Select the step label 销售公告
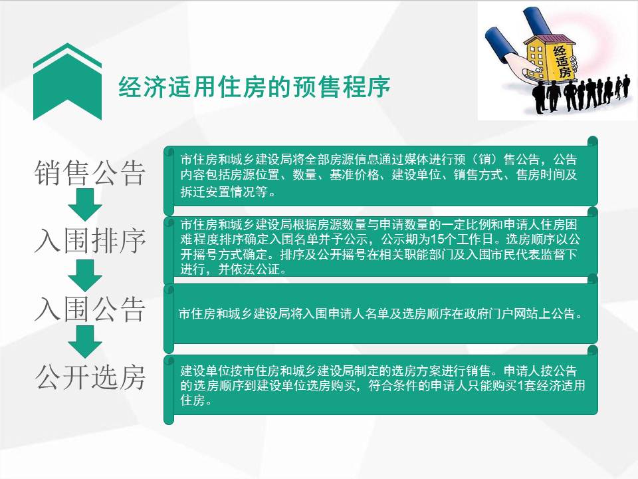coord(90,174)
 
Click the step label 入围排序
coord(90,241)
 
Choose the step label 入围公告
coord(90,309)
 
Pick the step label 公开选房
coord(90,378)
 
